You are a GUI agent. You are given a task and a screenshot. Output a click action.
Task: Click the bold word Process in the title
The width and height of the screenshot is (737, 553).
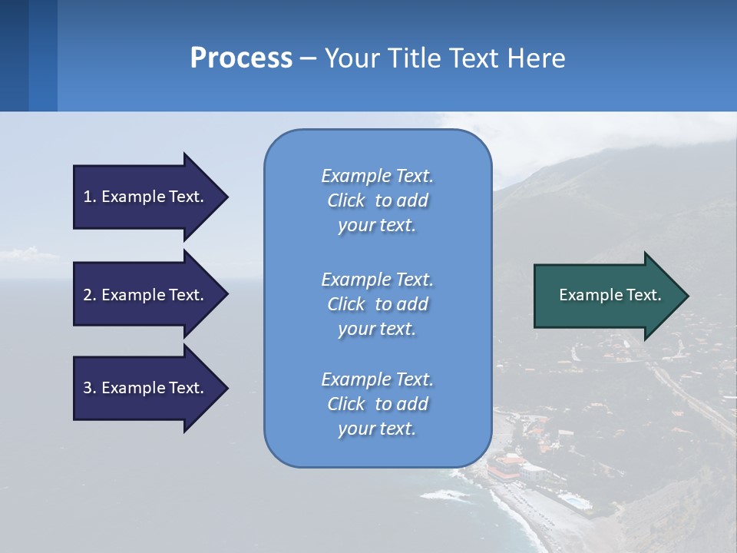point(241,58)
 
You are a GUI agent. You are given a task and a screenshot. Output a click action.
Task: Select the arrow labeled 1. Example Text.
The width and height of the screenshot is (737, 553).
point(146,197)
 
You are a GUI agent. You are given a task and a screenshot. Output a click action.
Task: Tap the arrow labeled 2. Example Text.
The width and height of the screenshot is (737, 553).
point(146,295)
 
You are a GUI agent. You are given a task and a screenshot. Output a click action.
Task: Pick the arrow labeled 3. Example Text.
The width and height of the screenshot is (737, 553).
point(146,388)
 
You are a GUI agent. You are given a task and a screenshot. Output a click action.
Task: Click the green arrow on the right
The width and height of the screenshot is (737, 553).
point(606,296)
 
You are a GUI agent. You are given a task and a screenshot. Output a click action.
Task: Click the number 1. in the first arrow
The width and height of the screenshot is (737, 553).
point(90,197)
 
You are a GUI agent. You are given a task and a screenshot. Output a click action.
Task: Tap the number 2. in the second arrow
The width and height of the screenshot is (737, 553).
point(90,295)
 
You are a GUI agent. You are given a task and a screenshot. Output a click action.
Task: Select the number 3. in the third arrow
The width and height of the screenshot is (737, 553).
point(90,388)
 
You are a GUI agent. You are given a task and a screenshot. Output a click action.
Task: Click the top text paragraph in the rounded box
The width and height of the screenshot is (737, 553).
point(377,200)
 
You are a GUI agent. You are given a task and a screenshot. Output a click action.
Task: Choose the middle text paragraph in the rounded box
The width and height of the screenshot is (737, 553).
point(377,304)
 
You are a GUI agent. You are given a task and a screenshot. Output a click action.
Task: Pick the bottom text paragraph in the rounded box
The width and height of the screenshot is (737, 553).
point(377,404)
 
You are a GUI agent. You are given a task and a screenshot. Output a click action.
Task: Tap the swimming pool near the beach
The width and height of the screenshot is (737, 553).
point(574,502)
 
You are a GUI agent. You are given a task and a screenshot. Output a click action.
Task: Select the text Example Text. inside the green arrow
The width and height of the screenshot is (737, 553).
point(610,295)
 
